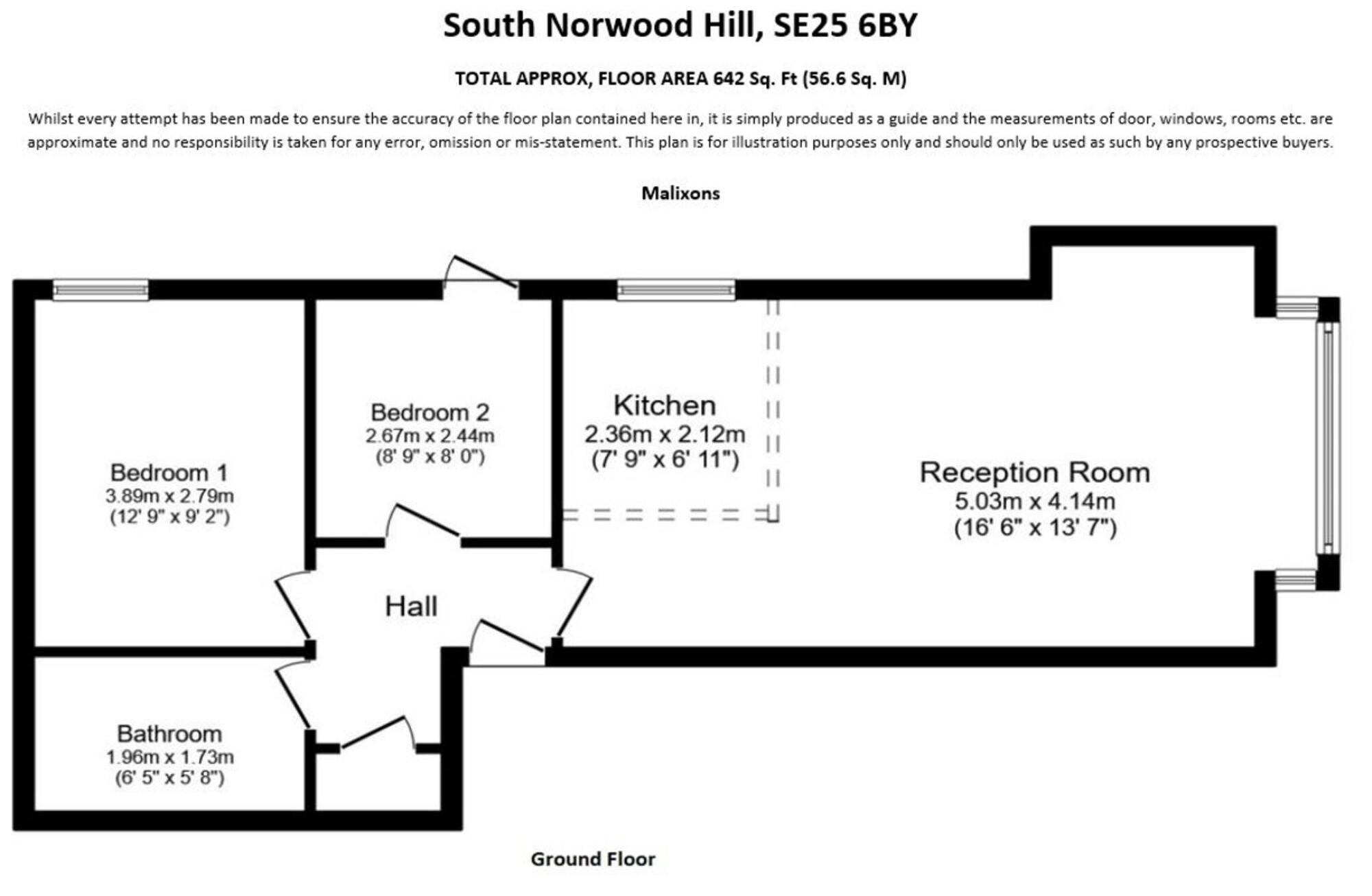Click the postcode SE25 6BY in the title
tap(845, 25)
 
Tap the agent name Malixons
tap(681, 193)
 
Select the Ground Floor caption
tap(593, 859)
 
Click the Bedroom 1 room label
tap(169, 473)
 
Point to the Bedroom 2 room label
tap(430, 412)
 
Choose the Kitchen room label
tap(665, 405)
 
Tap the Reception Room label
tap(1034, 473)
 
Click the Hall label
tap(411, 606)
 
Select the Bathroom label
tap(169, 734)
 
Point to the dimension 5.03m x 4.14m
tap(1034, 502)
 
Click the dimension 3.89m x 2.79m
tap(169, 496)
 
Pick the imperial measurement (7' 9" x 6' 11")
tap(665, 459)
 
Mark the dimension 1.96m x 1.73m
tap(169, 757)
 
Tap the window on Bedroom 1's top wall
tap(101, 290)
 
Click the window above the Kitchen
tap(676, 290)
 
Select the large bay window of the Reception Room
tap(1328, 439)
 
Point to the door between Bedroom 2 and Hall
tap(423, 526)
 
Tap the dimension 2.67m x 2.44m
tap(430, 436)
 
